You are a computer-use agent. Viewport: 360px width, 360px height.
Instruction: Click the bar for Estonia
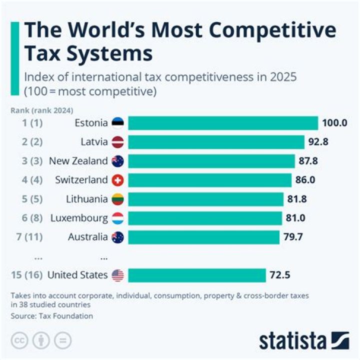[223, 123]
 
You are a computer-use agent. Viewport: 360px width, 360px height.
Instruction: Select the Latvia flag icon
[118, 142]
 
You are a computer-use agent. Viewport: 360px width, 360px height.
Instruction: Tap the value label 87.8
[308, 161]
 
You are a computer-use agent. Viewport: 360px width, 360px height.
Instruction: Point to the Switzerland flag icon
[118, 180]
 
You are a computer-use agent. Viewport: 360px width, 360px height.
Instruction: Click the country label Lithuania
[87, 199]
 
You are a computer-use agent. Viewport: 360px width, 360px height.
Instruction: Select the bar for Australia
[203, 237]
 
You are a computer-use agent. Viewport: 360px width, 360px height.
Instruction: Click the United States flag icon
[118, 275]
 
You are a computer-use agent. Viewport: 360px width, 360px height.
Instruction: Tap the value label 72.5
[280, 275]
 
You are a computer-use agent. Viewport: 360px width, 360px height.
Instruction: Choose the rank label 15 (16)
[26, 275]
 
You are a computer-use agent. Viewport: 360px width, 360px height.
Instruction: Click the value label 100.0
[334, 123]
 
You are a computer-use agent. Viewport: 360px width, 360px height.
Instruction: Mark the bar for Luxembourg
[205, 218]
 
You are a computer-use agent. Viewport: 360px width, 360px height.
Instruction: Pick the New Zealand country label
[78, 161]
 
